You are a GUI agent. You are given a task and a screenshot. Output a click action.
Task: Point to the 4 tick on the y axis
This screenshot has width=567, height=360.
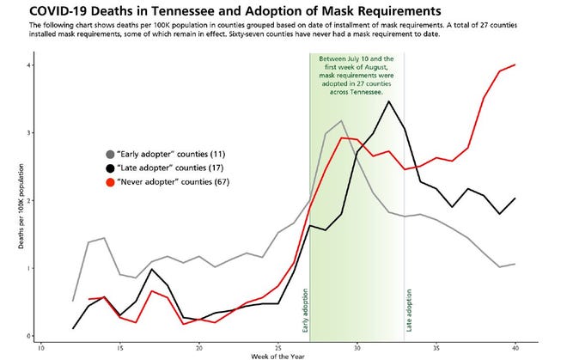point(29,65)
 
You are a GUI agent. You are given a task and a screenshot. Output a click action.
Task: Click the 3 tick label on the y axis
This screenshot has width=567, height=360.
point(29,133)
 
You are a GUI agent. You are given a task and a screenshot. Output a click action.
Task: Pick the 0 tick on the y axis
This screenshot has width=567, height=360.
point(29,336)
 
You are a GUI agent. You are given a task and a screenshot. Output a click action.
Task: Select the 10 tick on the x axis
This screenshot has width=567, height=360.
point(40,348)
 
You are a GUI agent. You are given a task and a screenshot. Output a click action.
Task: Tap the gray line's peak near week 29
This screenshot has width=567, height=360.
point(342,121)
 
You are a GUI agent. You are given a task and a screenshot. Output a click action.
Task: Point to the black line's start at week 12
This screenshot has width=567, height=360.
point(73,328)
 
